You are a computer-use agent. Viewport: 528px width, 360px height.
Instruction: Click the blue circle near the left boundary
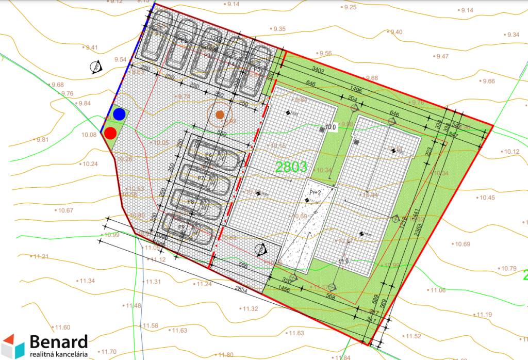120,114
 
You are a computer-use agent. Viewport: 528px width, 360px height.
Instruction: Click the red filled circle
110,133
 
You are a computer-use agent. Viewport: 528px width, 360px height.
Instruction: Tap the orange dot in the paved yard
220,114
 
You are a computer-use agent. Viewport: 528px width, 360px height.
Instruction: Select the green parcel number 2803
291,167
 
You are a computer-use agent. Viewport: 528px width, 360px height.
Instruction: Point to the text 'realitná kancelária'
58,355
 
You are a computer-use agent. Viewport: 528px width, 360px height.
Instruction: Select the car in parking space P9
189,226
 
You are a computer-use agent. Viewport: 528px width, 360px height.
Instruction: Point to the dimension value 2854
240,290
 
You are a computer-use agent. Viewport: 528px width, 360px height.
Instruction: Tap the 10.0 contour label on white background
330,127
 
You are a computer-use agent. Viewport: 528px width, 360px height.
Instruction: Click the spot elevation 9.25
350,7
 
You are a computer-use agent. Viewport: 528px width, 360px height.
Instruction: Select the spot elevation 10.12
513,152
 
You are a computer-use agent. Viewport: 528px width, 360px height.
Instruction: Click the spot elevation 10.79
508,269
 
